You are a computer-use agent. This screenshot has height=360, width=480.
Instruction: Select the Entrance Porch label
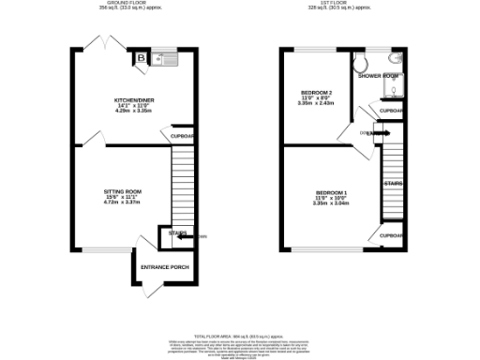coord(164,267)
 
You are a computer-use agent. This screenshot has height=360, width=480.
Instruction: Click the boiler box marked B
coord(142,58)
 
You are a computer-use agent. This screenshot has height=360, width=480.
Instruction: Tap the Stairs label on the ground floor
coord(177,232)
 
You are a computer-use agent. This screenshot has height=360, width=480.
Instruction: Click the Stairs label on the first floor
coord(393,183)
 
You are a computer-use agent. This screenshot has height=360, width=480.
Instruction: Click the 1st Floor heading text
coord(342,4)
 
